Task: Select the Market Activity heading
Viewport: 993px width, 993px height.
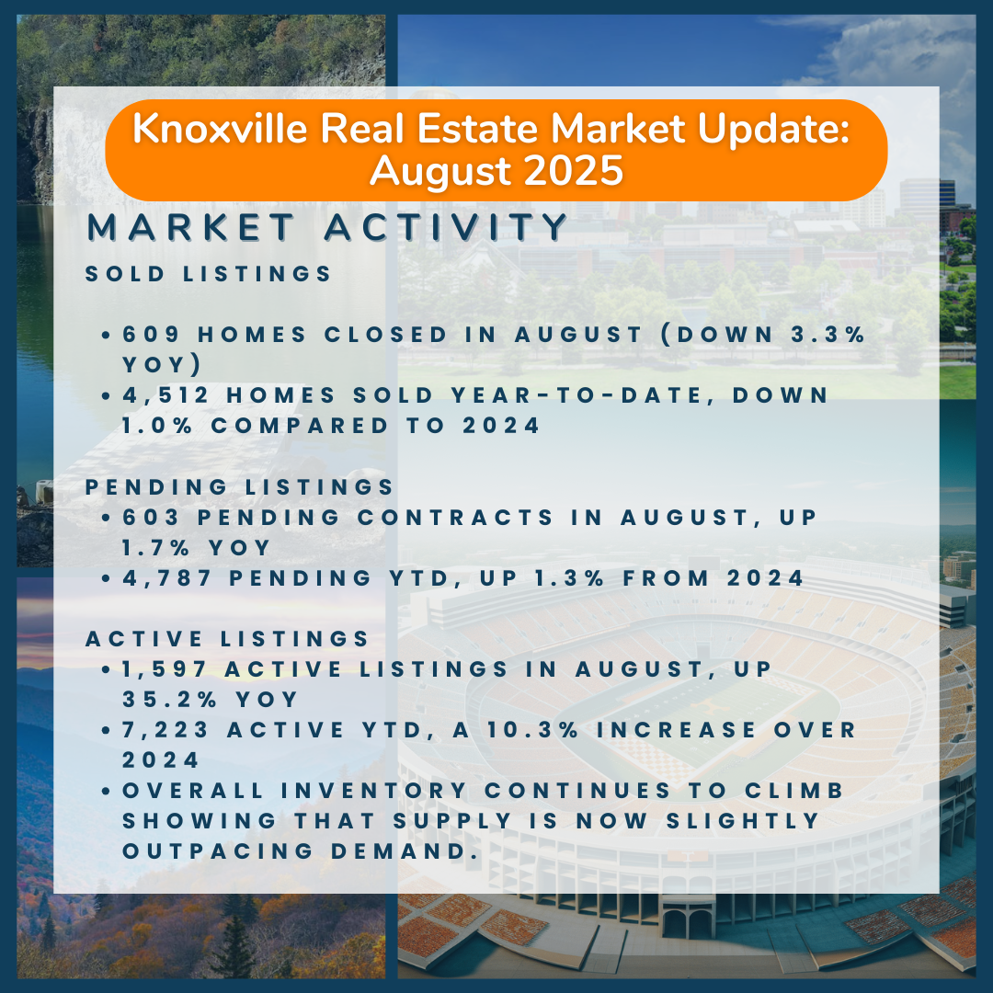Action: point(326,227)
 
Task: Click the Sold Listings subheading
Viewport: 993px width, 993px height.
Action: point(209,274)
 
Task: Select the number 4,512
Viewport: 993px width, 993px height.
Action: point(165,395)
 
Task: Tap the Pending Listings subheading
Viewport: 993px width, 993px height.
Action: point(239,487)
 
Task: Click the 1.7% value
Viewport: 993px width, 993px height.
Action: point(155,548)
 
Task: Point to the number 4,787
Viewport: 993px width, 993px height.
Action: point(166,578)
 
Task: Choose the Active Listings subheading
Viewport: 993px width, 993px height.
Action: point(227,639)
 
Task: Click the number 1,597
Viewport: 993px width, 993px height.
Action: point(164,669)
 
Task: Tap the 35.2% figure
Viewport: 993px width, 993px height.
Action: point(170,700)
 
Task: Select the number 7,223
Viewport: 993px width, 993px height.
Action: point(165,730)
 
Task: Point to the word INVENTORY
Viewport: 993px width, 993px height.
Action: point(374,791)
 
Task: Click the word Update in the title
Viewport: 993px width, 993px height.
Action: point(773,130)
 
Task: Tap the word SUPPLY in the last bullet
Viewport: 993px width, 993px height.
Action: point(451,821)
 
